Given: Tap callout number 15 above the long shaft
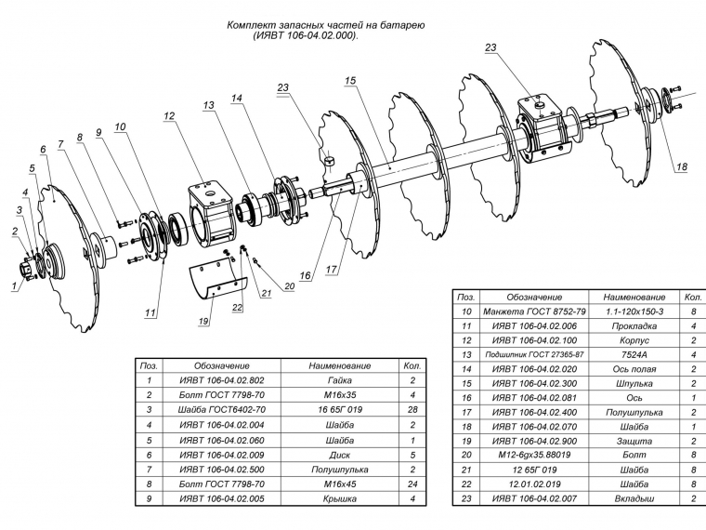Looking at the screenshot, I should [x=350, y=82].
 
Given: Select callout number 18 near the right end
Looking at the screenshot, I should [x=682, y=167].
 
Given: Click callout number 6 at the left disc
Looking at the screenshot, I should [x=43, y=150].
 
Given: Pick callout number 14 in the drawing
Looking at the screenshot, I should [x=237, y=98].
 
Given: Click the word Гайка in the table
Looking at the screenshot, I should [x=339, y=380].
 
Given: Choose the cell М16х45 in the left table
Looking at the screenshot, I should [x=339, y=484].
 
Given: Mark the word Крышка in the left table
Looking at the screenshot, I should [x=339, y=498].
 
